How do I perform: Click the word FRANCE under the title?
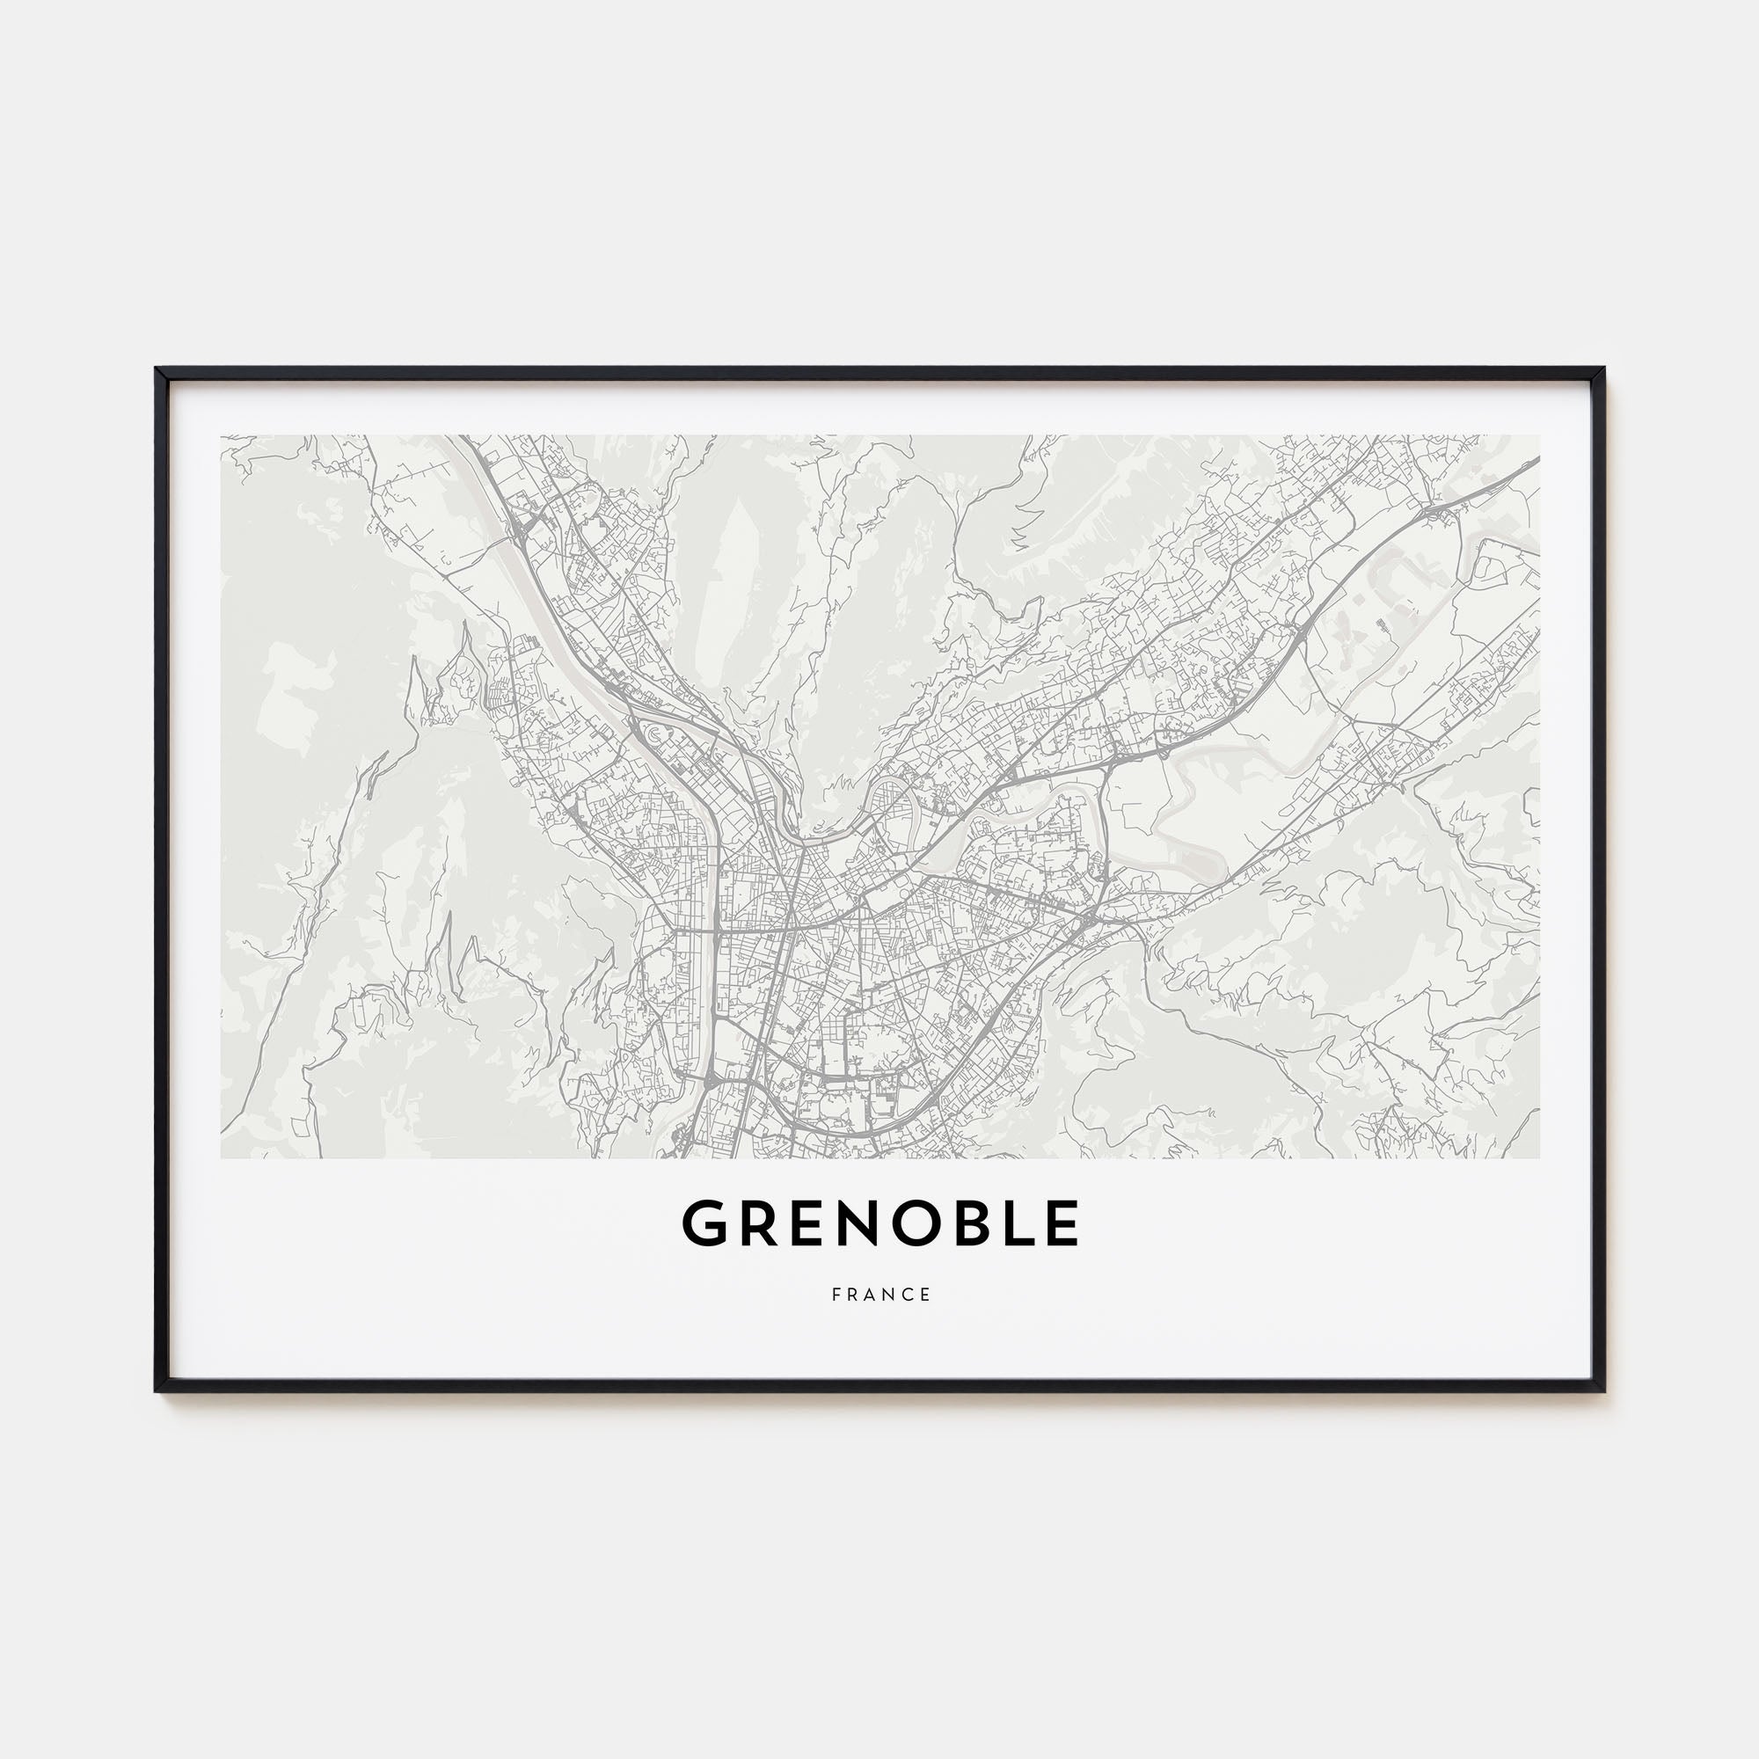[880, 1295]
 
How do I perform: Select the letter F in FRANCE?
[835, 1295]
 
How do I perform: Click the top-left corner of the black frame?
[157, 369]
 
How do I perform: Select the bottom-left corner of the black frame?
[157, 1390]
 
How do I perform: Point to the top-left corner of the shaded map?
[222, 435]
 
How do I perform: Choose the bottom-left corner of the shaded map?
[222, 1158]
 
